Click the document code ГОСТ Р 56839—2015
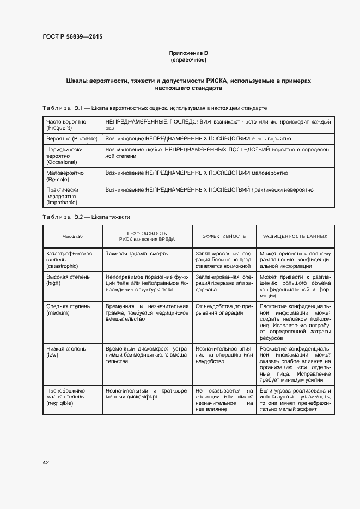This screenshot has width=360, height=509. tap(72, 36)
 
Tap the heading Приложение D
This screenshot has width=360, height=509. tap(188, 53)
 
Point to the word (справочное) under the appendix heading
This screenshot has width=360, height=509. tap(188, 59)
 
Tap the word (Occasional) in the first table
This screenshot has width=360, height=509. tap(62, 162)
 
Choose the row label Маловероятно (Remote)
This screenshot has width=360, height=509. tap(65, 176)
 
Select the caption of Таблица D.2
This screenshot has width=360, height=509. tap(86, 217)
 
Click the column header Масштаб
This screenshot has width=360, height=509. tap(72, 236)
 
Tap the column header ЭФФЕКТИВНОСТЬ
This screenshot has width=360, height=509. tap(224, 236)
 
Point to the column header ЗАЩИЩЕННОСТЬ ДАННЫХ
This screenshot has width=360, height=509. tap(295, 236)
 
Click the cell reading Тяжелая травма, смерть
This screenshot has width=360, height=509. tap(137, 254)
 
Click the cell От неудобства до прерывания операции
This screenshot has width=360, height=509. tap(224, 309)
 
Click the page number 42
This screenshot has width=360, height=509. tap(46, 463)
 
